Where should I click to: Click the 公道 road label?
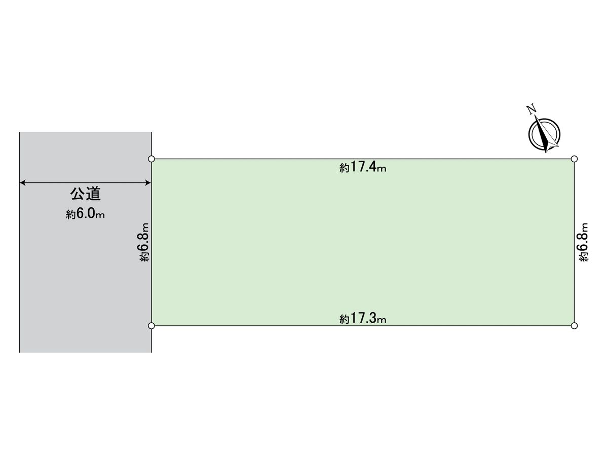tap(85, 194)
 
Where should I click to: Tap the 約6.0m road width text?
tap(85, 214)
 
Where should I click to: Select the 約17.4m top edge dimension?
tap(363, 167)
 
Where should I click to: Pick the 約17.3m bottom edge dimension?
tap(363, 318)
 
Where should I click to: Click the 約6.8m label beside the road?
tap(144, 242)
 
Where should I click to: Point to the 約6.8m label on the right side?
tap(583, 242)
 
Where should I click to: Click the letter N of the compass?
tap(531, 109)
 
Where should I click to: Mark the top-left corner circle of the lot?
tap(151, 159)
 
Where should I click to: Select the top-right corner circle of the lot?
tap(575, 159)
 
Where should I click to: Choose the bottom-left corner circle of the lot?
tap(151, 326)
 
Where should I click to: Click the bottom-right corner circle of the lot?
tap(575, 326)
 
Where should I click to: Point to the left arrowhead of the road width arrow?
tap(23, 183)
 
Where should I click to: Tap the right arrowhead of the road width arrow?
tap(148, 183)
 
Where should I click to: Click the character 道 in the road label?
tap(93, 194)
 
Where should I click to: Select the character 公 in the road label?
tap(78, 194)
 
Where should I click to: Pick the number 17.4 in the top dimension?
tap(363, 167)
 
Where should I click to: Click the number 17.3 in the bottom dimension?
tap(363, 318)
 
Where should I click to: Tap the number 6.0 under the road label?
tap(86, 214)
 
